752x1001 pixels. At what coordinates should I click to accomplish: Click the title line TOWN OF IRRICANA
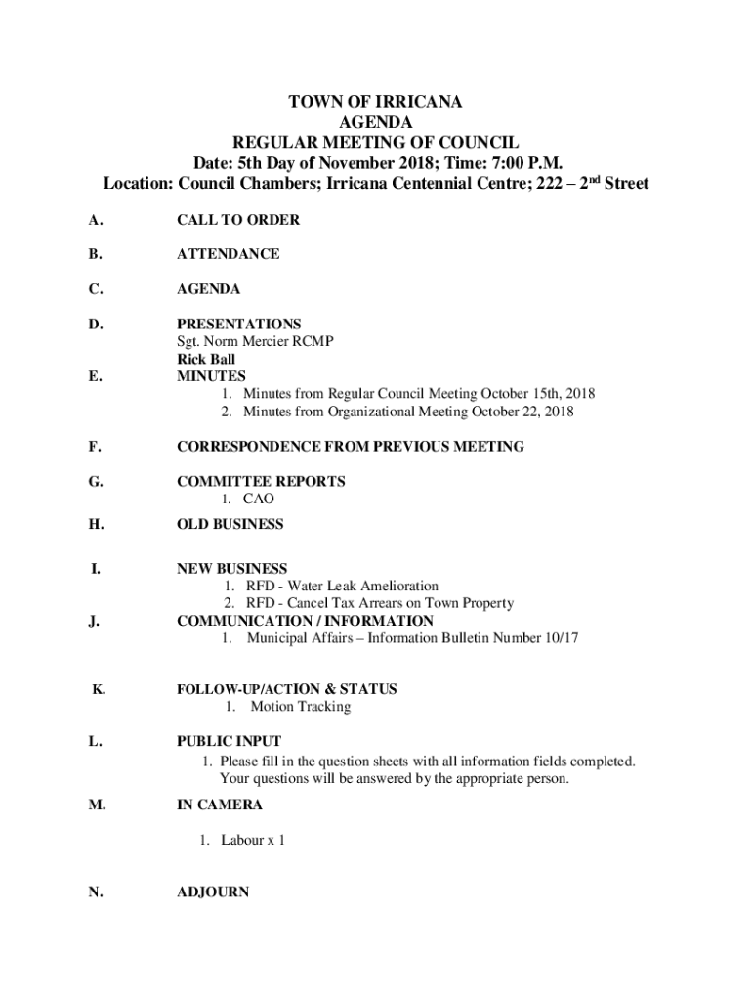tap(375, 102)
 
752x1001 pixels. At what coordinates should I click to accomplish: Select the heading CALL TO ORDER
tap(237, 220)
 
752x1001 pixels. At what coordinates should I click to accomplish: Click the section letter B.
tap(94, 254)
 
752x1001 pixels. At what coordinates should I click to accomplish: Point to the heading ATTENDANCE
tap(228, 254)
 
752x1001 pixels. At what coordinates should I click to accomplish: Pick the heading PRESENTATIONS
tap(238, 324)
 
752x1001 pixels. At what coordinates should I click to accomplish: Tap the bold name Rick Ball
tap(206, 359)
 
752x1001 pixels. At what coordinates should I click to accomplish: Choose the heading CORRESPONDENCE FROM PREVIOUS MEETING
tap(350, 447)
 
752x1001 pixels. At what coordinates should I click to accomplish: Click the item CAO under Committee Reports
tap(259, 500)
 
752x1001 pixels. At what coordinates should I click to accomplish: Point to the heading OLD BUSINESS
tap(230, 524)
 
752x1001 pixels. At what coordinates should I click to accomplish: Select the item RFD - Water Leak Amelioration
tap(342, 587)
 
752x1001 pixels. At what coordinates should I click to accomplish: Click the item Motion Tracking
tap(300, 707)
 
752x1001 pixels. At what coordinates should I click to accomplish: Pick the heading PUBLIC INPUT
tap(229, 742)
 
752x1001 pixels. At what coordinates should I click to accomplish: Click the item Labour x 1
tap(252, 840)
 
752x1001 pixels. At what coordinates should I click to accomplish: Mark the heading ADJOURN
tap(212, 892)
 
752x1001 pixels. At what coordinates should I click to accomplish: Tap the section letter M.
tap(95, 805)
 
